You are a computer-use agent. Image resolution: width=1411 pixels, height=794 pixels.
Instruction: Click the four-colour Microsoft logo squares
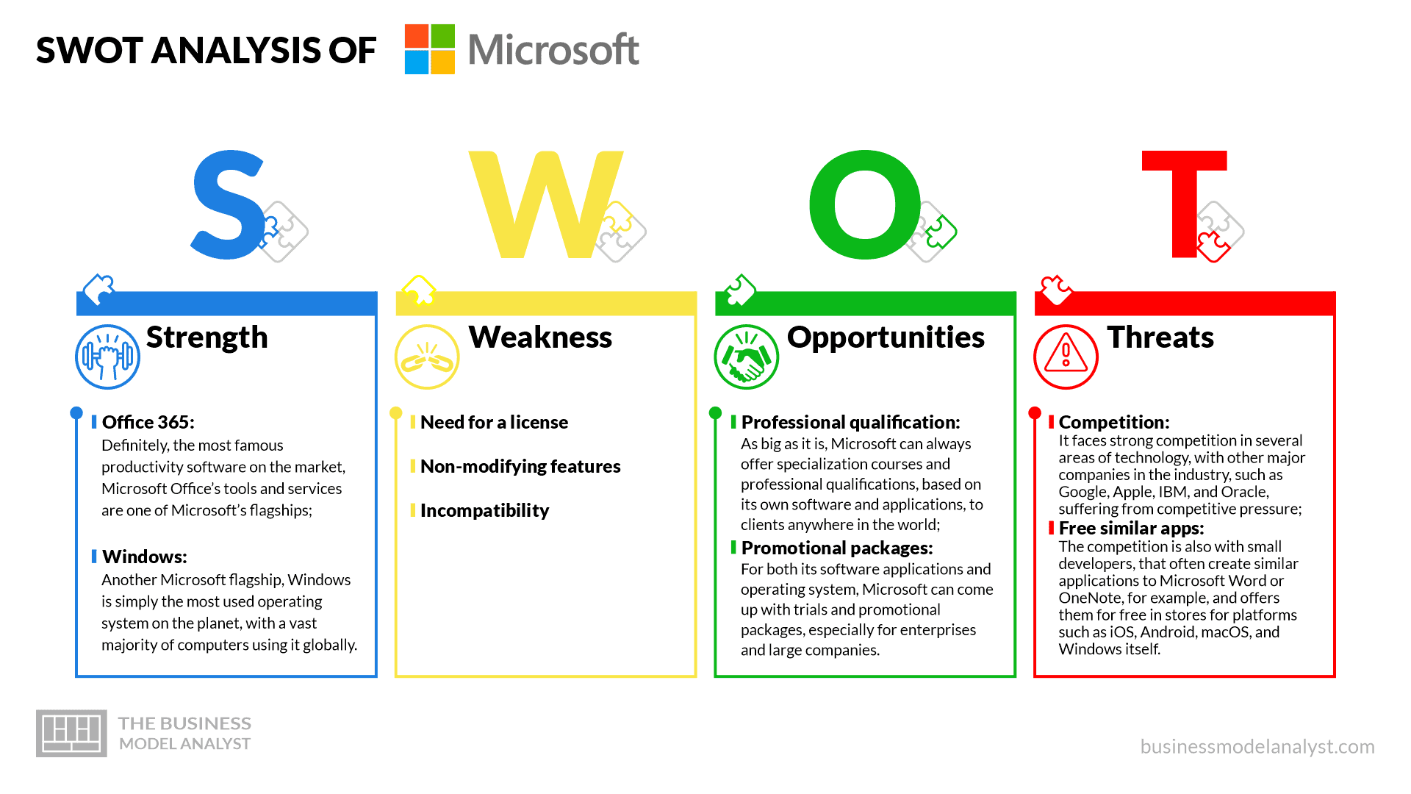[x=430, y=49]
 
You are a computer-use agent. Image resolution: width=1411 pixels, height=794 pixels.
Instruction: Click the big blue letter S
[x=229, y=204]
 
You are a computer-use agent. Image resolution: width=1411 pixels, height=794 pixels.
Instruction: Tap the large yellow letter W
[x=545, y=204]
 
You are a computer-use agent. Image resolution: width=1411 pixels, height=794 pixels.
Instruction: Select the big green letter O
[x=865, y=204]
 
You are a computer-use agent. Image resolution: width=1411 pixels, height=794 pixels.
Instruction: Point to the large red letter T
[x=1184, y=204]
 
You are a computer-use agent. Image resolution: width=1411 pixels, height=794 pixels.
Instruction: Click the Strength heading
[x=207, y=337]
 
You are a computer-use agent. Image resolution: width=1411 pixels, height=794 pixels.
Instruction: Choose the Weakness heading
[x=540, y=337]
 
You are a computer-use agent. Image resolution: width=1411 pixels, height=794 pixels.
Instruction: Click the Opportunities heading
[x=886, y=337]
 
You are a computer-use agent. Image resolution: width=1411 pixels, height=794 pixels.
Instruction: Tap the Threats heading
[x=1160, y=337]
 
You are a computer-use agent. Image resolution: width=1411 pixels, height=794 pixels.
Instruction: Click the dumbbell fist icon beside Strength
[x=107, y=357]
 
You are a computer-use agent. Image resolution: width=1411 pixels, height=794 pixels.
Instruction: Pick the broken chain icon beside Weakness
[x=427, y=357]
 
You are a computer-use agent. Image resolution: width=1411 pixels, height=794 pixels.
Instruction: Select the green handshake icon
[x=746, y=357]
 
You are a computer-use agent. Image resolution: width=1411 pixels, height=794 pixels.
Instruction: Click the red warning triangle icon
[x=1066, y=357]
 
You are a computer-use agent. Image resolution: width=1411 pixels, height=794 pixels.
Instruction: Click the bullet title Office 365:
[x=148, y=422]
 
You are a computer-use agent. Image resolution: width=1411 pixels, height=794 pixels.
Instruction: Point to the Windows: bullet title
[x=145, y=557]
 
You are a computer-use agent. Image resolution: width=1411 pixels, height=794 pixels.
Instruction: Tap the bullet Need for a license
[x=494, y=422]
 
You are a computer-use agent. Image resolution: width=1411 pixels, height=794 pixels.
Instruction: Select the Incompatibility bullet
[x=484, y=510]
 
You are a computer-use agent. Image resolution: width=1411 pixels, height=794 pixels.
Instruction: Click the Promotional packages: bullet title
[x=837, y=548]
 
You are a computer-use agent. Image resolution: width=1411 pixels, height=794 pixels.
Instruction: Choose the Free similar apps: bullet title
[x=1131, y=528]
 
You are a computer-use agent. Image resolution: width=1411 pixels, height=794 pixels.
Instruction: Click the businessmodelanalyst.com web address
[x=1257, y=746]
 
